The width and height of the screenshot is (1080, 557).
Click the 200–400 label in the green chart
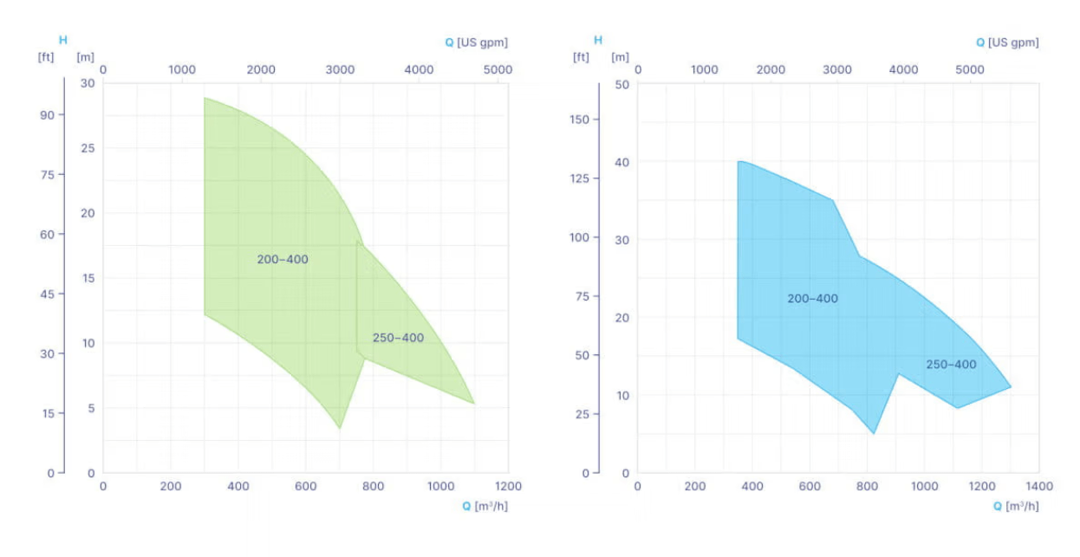[283, 260]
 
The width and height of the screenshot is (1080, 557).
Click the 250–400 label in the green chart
[399, 338]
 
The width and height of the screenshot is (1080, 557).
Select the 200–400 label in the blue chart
[813, 299]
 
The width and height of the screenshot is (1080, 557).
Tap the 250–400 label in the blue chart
[951, 365]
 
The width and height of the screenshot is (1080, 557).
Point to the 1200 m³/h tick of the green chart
[509, 487]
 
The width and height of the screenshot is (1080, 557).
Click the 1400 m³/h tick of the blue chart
[1038, 487]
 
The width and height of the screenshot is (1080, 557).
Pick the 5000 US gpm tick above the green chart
[498, 69]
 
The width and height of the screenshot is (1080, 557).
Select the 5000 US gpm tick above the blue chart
[971, 69]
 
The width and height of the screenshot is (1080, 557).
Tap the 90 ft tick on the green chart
[48, 115]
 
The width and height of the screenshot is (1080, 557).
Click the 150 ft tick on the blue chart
[580, 119]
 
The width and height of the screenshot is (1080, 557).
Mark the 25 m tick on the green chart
[87, 148]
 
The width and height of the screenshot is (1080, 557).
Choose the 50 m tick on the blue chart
[621, 84]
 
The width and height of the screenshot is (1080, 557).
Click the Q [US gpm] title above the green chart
[476, 42]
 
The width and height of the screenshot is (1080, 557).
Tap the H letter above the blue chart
[597, 40]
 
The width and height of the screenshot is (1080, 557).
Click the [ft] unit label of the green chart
[46, 57]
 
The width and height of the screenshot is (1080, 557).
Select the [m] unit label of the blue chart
[620, 57]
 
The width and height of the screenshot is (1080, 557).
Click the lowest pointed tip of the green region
[340, 428]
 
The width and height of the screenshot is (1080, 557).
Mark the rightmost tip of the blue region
[1011, 386]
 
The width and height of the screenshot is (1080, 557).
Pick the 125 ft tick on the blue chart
[580, 178]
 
